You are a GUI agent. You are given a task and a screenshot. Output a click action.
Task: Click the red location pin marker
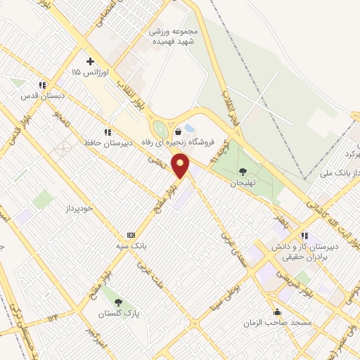(181, 166)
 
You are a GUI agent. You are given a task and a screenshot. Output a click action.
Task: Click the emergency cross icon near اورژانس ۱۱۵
(89, 61)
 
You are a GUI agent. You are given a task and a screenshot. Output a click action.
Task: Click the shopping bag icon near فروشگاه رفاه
(177, 131)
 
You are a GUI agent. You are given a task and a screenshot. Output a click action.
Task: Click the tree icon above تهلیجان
(243, 170)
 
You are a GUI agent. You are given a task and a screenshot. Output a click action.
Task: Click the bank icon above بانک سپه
(131, 235)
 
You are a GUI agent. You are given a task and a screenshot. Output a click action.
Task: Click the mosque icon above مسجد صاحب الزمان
(278, 311)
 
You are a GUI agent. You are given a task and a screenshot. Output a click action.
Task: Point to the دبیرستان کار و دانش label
(305, 247)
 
